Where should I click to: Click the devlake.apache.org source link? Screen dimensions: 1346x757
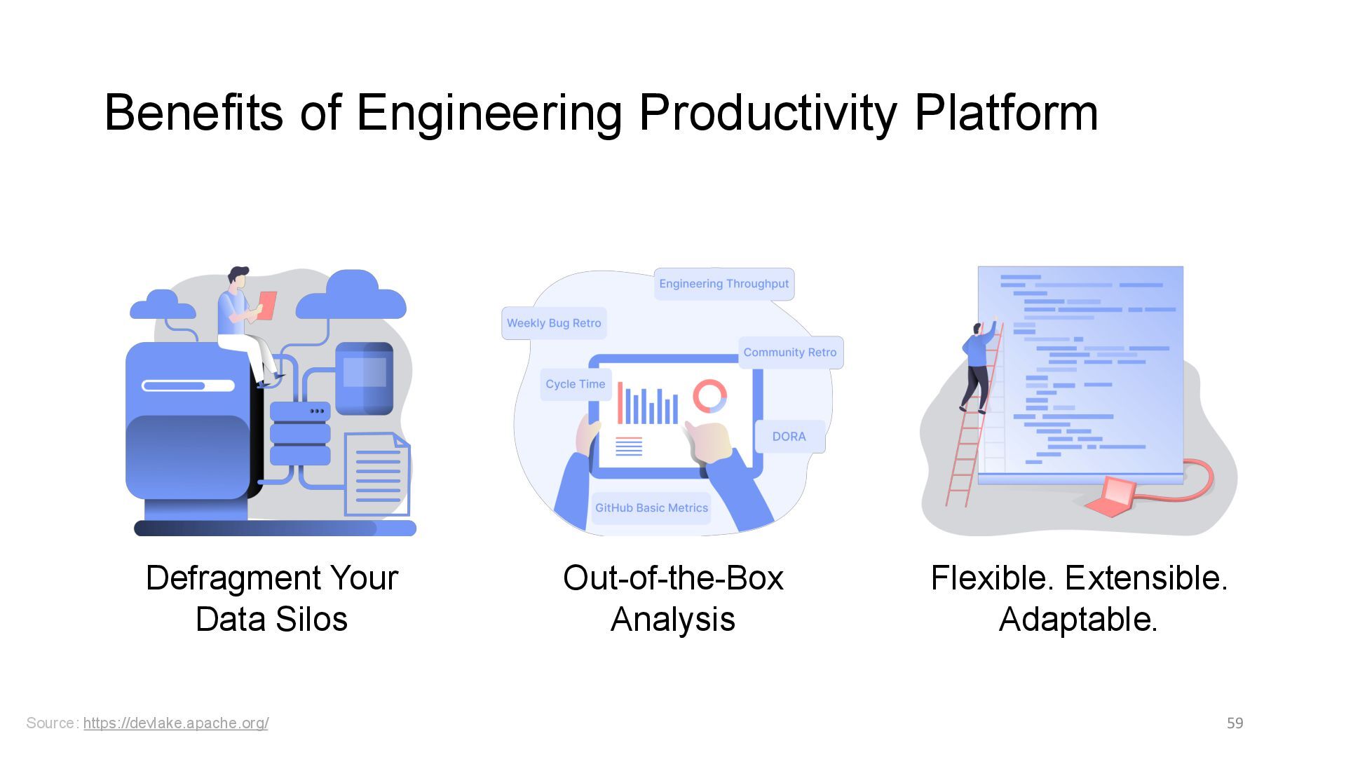tap(175, 723)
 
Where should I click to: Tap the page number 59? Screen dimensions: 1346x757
tap(1235, 723)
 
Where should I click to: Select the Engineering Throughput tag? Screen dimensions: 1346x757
tap(723, 284)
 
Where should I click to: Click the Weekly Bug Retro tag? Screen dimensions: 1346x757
tap(554, 323)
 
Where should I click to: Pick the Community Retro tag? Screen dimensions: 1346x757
tap(790, 353)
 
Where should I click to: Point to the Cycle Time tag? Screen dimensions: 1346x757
tap(575, 384)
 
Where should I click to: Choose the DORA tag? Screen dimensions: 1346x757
tap(789, 437)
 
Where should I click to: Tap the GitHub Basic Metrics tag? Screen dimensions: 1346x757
tap(651, 508)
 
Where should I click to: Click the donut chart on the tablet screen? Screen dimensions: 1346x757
tap(709, 397)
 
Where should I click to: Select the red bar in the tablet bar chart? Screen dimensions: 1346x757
tap(620, 403)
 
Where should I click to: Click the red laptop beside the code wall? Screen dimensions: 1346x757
tap(1110, 496)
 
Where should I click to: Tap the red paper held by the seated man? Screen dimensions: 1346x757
tap(267, 306)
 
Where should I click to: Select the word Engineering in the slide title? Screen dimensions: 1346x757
tap(489, 112)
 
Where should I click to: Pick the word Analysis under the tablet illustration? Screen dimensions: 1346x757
tap(672, 620)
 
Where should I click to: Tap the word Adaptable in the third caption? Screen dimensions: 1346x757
tap(1078, 620)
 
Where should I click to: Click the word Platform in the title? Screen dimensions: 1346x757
tap(1006, 112)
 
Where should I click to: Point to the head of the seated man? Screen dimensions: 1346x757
tap(238, 276)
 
